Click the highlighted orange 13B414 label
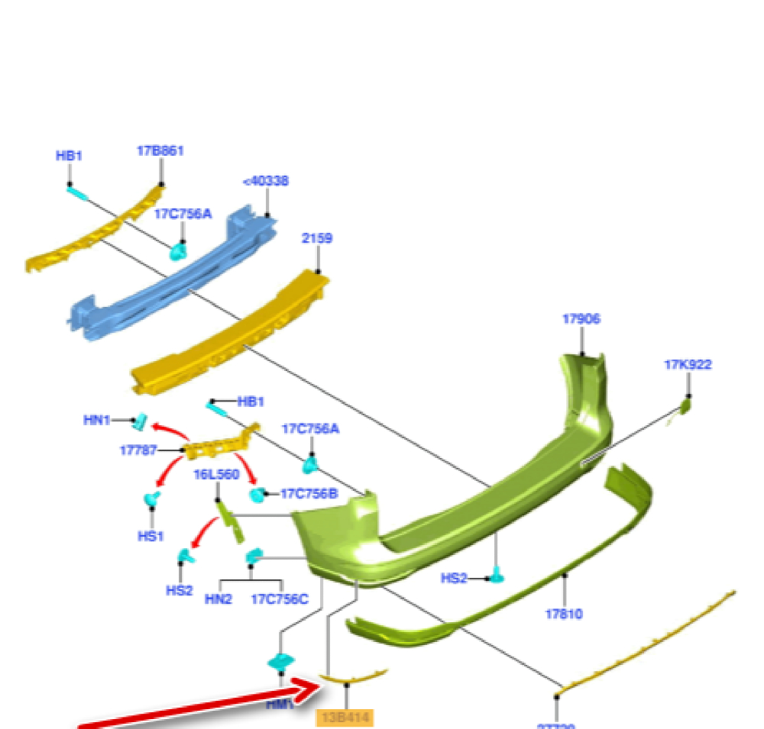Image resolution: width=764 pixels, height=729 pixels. tap(344, 718)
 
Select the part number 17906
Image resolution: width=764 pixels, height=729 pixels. tap(581, 319)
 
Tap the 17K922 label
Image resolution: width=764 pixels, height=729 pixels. tap(688, 365)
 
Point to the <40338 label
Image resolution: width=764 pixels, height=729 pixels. tap(265, 182)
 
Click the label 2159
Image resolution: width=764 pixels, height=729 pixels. tap(316, 238)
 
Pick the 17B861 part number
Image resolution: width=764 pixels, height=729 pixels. tap(160, 151)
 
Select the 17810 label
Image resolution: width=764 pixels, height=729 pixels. tap(564, 613)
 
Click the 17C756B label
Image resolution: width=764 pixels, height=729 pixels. tap(309, 494)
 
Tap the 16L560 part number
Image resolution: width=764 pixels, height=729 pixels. tap(216, 475)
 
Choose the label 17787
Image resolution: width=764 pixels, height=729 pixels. tap(139, 450)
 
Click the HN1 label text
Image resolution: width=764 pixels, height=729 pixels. tap(97, 420)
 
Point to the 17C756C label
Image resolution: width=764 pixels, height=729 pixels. tap(280, 599)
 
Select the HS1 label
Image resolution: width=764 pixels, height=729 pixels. tap(151, 536)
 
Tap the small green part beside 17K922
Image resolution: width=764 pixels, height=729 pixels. tap(685, 406)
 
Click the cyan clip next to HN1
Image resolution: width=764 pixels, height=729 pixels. tap(141, 420)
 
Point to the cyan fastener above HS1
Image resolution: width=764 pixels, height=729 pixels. tap(151, 500)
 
